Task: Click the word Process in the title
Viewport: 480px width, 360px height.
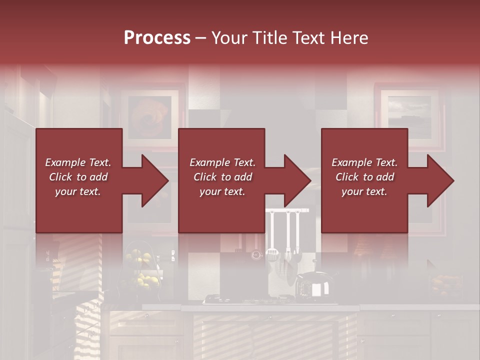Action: click(157, 37)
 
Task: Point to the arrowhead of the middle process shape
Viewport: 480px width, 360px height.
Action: click(296, 180)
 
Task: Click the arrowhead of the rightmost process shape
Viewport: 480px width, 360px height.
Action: click(439, 180)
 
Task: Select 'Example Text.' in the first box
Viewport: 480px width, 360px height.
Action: click(78, 162)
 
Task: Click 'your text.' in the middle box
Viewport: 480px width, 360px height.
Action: click(222, 191)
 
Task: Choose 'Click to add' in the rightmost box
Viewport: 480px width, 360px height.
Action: click(364, 177)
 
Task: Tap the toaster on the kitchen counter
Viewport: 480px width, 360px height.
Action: click(313, 287)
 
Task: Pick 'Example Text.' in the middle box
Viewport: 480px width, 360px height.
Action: click(222, 162)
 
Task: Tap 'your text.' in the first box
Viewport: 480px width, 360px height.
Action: click(78, 191)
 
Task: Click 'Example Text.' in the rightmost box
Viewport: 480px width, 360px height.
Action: click(364, 162)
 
